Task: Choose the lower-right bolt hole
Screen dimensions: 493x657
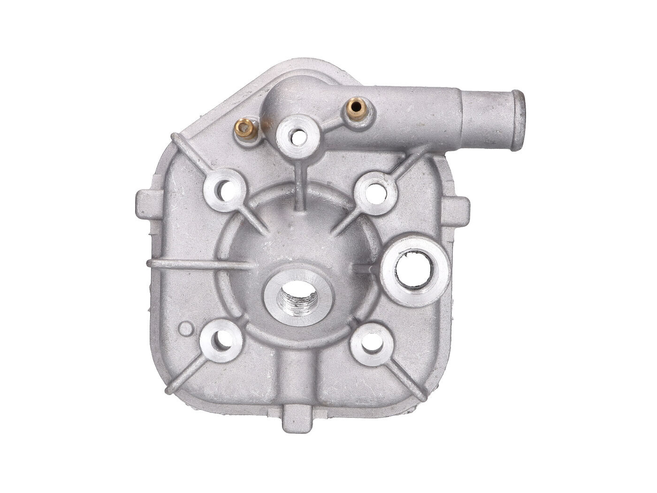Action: [x=370, y=341]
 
